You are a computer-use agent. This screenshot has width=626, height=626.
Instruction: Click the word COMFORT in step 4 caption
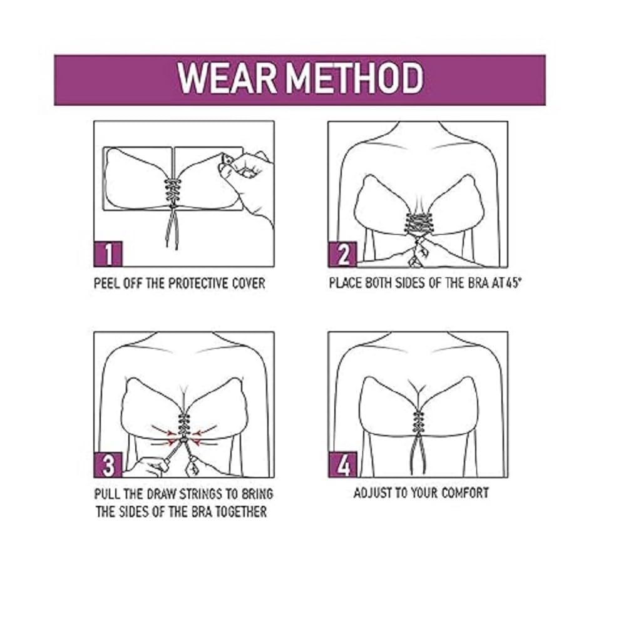coord(464,493)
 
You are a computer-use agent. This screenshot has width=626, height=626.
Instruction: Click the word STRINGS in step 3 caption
coord(187,495)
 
